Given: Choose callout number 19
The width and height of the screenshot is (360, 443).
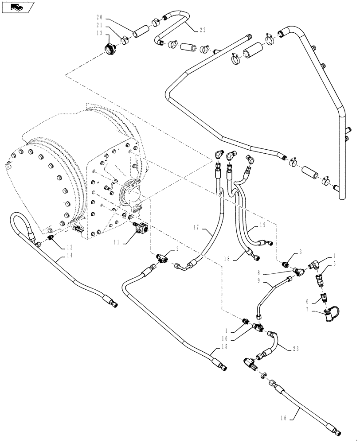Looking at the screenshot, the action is [262, 225].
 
